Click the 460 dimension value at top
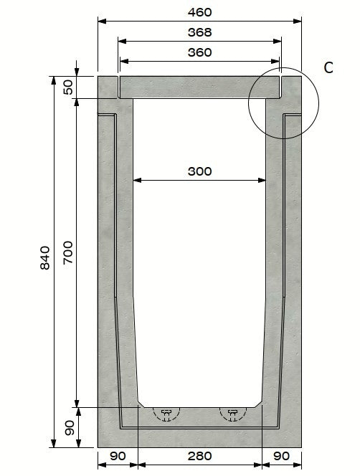pos(199,12)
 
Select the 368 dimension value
pos(199,32)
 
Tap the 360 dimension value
pos(199,52)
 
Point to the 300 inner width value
pos(199,171)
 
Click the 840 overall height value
pos(44,258)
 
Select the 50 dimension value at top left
pos(68,87)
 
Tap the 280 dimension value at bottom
pos(199,455)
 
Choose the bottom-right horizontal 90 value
pos(282,455)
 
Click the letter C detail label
pos(328,67)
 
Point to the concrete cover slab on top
pos(199,87)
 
